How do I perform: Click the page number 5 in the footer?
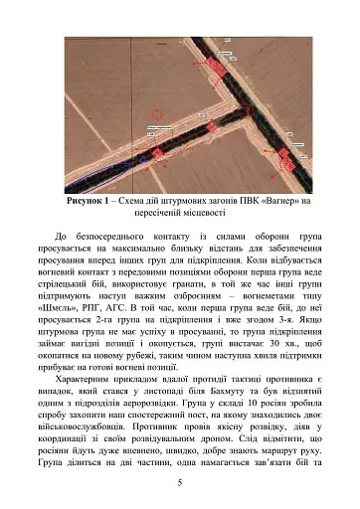179,482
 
